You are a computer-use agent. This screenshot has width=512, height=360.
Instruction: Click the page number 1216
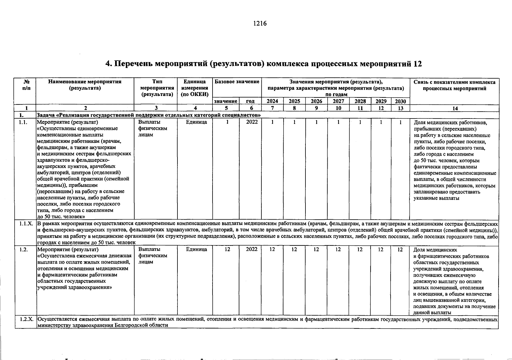(260, 23)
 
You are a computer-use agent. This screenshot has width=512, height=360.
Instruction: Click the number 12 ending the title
(417, 64)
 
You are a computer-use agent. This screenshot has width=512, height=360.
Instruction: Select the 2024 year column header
(272, 101)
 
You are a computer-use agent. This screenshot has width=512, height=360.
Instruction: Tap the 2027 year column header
(338, 101)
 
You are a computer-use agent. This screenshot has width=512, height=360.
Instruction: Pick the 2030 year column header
(400, 101)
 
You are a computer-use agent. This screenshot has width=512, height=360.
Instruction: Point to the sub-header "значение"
(226, 102)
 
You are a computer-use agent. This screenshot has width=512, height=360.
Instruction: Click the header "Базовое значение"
(237, 82)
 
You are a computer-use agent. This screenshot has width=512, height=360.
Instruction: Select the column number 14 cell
(455, 108)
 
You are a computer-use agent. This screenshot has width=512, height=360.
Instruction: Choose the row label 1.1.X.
(26, 224)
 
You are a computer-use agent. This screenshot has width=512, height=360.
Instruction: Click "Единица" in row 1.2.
(196, 250)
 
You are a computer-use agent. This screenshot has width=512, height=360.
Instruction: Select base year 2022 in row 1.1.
(252, 122)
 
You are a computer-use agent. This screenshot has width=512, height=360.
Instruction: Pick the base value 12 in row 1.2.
(228, 250)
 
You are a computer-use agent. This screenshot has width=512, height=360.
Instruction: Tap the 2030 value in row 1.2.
(400, 250)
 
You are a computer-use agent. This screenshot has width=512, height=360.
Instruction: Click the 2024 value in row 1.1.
(272, 122)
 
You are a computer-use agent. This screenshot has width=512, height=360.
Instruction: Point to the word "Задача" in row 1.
(47, 115)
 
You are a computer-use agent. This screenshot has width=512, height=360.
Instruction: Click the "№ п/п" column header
(26, 85)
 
